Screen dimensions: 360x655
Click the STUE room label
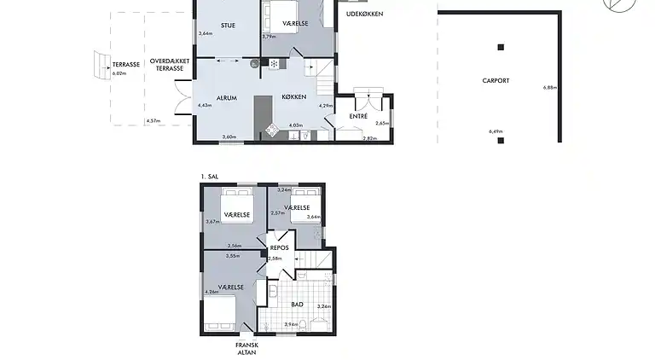click(228, 26)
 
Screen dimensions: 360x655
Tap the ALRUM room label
click(226, 98)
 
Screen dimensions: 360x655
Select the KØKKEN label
click(294, 98)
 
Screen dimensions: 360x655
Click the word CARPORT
click(495, 81)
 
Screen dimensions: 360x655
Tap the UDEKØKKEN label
click(364, 14)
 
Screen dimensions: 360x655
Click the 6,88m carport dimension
click(549, 88)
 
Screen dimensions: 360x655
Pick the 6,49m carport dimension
click(495, 131)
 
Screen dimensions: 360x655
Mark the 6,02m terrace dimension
click(119, 73)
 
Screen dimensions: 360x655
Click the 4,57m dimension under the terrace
click(153, 121)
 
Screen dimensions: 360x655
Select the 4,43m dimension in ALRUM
click(204, 105)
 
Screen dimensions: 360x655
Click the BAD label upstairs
click(297, 304)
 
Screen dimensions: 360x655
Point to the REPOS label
click(280, 248)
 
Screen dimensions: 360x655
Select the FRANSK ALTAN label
click(246, 348)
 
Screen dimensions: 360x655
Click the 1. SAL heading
click(210, 177)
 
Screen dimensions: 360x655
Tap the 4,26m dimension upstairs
click(212, 292)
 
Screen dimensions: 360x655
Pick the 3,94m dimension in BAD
click(290, 324)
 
